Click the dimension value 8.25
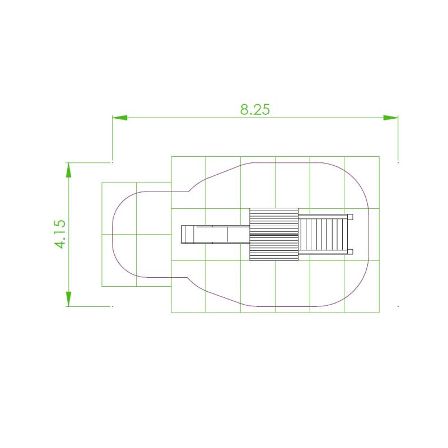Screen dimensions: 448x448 tap(255, 109)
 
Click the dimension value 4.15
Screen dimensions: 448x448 tap(60, 234)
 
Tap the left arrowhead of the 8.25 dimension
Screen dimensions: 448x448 tap(120, 118)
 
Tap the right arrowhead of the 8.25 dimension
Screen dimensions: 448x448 tap(390, 118)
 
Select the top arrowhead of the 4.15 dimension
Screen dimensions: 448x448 tap(68, 170)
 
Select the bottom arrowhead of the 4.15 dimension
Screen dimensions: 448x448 tap(68, 299)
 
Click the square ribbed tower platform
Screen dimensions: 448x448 tap(274, 234)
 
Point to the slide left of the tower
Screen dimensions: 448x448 tap(216, 234)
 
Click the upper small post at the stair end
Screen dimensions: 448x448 tap(350, 217)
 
